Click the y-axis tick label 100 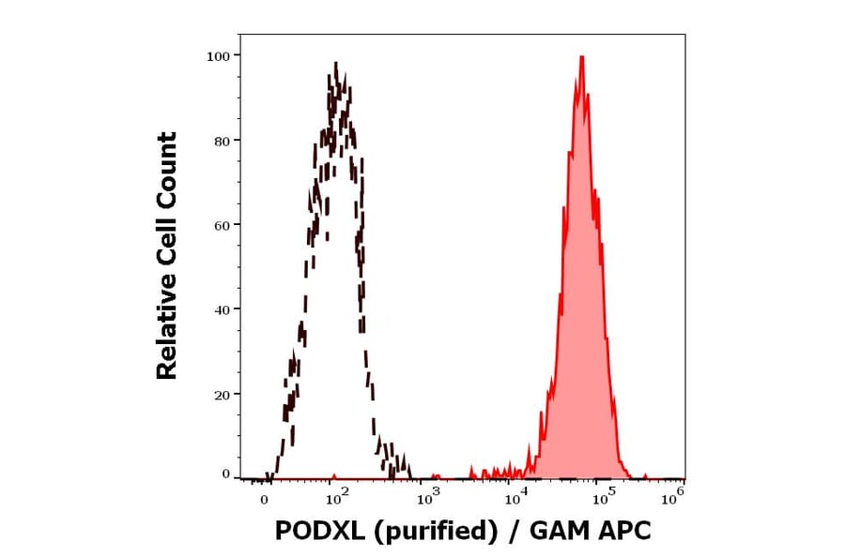tap(217, 56)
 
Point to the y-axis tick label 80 tap(221, 141)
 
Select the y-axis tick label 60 tap(221, 225)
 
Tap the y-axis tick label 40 tap(221, 309)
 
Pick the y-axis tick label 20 tap(221, 395)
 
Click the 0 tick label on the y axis tap(225, 474)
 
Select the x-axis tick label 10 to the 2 tap(338, 496)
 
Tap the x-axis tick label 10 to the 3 tap(429, 496)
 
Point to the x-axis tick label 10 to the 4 tap(514, 496)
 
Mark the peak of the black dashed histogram tap(335, 64)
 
